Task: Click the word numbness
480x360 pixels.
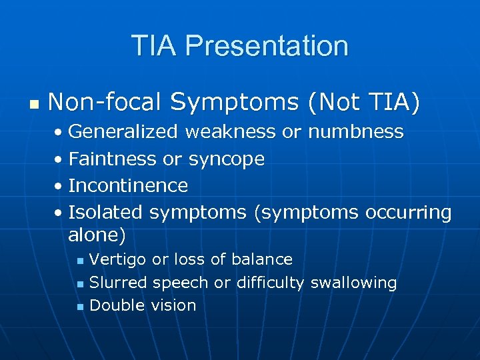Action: click(355, 132)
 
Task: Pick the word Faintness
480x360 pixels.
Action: click(113, 159)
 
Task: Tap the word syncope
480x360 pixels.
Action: click(226, 159)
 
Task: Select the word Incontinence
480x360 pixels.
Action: click(128, 185)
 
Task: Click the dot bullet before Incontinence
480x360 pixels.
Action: click(59, 187)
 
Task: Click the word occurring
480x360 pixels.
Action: click(409, 213)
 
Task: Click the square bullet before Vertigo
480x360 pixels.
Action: click(80, 260)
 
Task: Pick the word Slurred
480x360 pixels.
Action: click(118, 283)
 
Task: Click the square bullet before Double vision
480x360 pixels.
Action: click(80, 307)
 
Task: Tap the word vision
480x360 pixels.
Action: click(173, 305)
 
